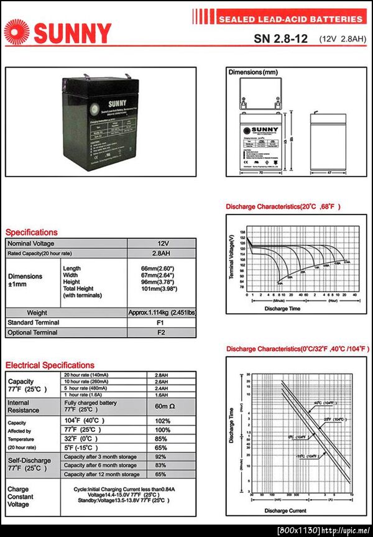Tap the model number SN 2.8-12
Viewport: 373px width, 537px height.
[280, 39]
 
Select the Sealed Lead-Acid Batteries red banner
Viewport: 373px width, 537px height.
[290, 19]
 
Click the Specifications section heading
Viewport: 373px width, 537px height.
[32, 232]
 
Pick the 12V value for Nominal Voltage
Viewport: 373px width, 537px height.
[163, 243]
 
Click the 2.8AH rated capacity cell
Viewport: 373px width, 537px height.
[163, 254]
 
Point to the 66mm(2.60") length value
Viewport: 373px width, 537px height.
[158, 268]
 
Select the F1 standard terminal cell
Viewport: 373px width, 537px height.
[161, 323]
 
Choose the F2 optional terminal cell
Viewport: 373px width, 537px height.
[161, 333]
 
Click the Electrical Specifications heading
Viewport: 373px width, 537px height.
[50, 365]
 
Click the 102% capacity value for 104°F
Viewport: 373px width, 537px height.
[162, 421]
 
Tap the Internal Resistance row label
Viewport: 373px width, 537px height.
[23, 406]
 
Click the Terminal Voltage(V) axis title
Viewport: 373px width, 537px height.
[231, 257]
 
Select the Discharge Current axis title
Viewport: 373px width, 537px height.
[285, 510]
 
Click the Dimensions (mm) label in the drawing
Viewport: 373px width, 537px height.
[253, 73]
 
